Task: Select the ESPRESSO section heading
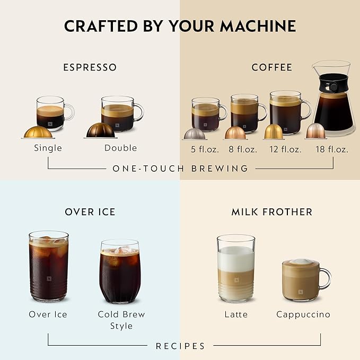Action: tap(90, 67)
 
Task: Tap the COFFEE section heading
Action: tap(271, 67)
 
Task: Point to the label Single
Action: tap(48, 148)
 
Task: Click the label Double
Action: tap(120, 148)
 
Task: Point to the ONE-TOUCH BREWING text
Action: tap(180, 169)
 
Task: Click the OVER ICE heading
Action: tap(90, 212)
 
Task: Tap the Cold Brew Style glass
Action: tap(120, 271)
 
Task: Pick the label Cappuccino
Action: tap(303, 314)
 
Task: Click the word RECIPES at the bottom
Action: tap(180, 346)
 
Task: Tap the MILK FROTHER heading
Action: tap(271, 212)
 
